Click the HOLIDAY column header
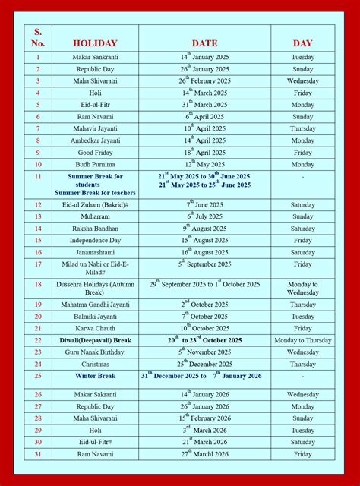[95, 43]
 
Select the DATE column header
[204, 43]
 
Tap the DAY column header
[302, 43]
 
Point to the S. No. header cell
[38, 37]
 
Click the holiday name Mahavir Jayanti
[95, 128]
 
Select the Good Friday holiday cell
[95, 153]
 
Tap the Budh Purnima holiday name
[95, 165]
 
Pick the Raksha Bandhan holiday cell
[95, 229]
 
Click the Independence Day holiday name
[95, 241]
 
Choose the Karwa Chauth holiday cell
[95, 329]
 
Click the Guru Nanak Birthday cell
[95, 352]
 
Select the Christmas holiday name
[95, 364]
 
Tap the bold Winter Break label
[95, 376]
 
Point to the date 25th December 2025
[204, 364]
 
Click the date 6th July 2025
[204, 216]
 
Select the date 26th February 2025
[204, 80]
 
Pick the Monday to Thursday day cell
[302, 341]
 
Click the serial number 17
[38, 264]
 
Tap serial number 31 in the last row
[38, 454]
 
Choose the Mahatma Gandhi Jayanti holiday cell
[95, 305]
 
